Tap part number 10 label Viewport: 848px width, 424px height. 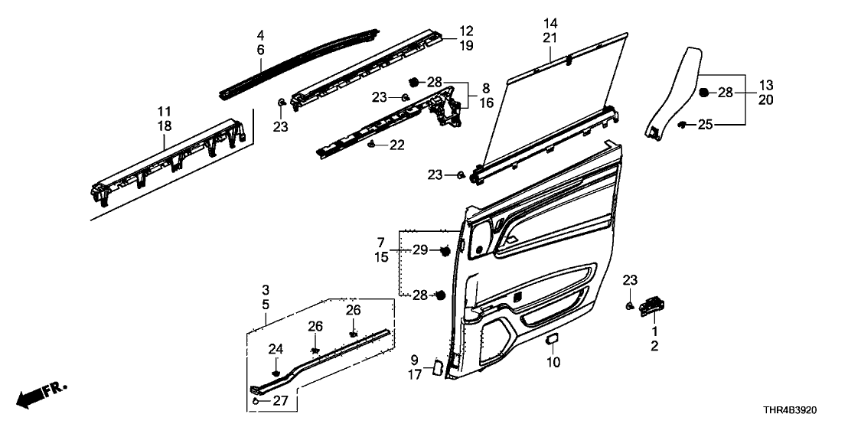click(x=554, y=361)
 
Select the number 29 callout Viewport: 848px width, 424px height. click(x=421, y=250)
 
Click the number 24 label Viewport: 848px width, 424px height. click(x=276, y=350)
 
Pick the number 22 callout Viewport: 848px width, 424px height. click(x=396, y=144)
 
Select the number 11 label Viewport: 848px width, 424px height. click(x=165, y=112)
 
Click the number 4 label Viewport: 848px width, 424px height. click(x=260, y=35)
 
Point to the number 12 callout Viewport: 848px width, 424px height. click(x=466, y=31)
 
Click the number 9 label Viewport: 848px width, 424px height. click(x=414, y=360)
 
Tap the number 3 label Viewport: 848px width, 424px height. click(x=265, y=289)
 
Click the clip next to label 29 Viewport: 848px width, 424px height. click(x=443, y=250)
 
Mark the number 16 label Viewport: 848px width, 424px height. click(x=487, y=103)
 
